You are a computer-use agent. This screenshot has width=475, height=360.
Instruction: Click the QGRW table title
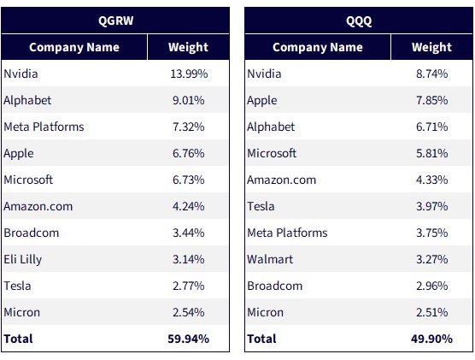click(x=115, y=21)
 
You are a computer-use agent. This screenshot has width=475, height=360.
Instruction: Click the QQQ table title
click(x=359, y=21)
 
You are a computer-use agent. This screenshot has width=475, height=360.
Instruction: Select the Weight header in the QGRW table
click(x=188, y=47)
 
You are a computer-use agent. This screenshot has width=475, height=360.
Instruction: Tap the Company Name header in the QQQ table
click(x=318, y=47)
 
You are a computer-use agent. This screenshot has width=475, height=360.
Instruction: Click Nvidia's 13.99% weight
click(x=189, y=74)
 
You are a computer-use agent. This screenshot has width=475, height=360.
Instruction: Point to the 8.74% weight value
click(x=431, y=74)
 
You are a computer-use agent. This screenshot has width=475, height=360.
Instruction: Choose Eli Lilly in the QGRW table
click(x=23, y=260)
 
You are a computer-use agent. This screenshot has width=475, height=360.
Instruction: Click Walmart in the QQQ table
click(x=270, y=259)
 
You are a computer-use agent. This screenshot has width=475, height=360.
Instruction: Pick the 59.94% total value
click(x=189, y=339)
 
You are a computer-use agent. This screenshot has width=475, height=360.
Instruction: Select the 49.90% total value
click(x=431, y=339)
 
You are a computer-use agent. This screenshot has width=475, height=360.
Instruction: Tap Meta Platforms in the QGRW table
click(x=44, y=127)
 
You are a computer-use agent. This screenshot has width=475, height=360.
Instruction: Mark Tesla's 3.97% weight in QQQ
click(x=431, y=206)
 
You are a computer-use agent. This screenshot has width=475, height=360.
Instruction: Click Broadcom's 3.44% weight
click(x=189, y=233)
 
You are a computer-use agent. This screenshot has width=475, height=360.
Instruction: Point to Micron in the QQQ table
click(x=265, y=312)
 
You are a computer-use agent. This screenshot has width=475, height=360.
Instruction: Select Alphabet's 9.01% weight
click(x=189, y=100)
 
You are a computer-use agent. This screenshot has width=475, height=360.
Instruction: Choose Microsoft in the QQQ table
click(x=272, y=153)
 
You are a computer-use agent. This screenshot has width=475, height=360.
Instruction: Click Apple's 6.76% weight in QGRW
click(x=189, y=153)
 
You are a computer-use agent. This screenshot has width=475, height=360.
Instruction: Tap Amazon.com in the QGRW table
click(x=38, y=207)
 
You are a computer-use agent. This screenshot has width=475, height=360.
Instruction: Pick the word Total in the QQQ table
click(x=261, y=339)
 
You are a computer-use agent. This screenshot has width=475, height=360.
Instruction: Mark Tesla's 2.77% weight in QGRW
click(x=189, y=286)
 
